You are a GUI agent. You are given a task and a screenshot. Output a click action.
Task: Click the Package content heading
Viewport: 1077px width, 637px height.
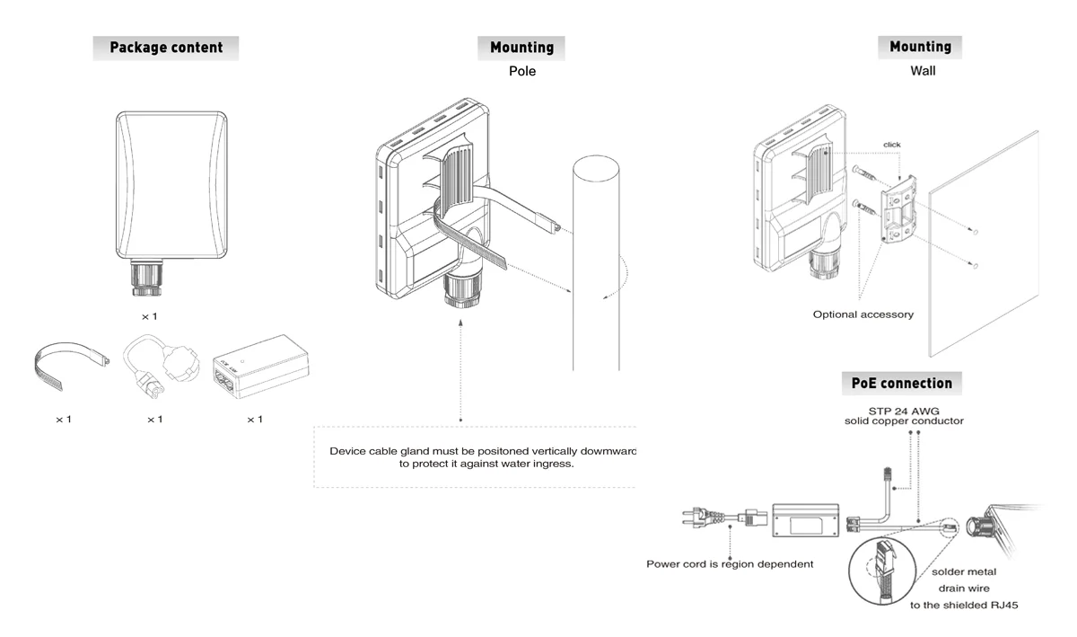pyautogui.click(x=166, y=48)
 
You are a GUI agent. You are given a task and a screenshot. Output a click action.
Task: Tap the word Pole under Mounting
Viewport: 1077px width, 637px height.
pyautogui.click(x=522, y=71)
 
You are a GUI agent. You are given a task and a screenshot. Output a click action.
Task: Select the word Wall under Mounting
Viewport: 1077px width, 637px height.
pyautogui.click(x=923, y=71)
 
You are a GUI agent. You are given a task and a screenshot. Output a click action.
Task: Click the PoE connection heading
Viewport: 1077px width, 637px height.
pyautogui.click(x=901, y=384)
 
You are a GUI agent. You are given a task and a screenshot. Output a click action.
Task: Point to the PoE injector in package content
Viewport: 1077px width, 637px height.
pyautogui.click(x=261, y=367)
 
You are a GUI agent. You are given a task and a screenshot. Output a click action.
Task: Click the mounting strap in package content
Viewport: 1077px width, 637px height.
pyautogui.click(x=71, y=365)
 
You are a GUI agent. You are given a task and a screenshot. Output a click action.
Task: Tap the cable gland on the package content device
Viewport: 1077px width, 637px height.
pyautogui.click(x=146, y=278)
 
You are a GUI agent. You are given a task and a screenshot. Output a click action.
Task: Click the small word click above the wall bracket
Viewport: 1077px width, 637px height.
pyautogui.click(x=892, y=145)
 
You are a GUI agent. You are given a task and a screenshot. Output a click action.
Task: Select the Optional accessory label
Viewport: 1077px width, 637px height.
pyautogui.click(x=863, y=314)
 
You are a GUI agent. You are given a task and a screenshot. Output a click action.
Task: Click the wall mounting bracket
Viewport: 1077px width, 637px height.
pyautogui.click(x=898, y=209)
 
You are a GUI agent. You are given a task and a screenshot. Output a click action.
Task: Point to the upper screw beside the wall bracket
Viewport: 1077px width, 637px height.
pyautogui.click(x=864, y=175)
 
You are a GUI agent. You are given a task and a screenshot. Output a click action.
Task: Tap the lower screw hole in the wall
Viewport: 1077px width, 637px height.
pyautogui.click(x=976, y=266)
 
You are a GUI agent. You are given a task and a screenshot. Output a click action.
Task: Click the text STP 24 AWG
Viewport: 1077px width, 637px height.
pyautogui.click(x=904, y=411)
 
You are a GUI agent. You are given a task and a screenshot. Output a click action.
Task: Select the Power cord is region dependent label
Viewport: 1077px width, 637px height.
pyautogui.click(x=730, y=564)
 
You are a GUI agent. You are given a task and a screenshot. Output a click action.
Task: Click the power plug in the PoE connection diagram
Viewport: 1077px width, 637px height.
pyautogui.click(x=703, y=518)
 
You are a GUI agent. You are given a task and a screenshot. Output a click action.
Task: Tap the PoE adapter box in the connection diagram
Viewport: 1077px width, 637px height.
pyautogui.click(x=806, y=520)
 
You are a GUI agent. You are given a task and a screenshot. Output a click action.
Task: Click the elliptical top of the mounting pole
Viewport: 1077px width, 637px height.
pyautogui.click(x=596, y=168)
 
